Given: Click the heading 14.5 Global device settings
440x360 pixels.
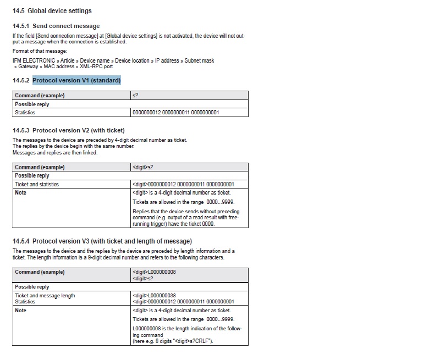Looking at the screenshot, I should (52, 10).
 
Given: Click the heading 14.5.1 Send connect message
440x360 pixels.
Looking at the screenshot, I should (56, 26).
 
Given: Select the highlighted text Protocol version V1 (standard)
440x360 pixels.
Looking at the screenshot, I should (76, 80).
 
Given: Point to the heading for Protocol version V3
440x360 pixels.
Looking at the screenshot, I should (102, 241).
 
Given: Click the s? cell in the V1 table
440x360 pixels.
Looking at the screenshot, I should (135, 96).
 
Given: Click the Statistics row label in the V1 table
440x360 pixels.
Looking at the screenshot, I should (25, 113).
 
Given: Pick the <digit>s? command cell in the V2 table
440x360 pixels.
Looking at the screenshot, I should (143, 167).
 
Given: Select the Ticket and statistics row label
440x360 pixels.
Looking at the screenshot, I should (37, 184).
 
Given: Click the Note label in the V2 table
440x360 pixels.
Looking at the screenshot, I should (21, 193).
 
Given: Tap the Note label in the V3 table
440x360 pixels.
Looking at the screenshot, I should (21, 311).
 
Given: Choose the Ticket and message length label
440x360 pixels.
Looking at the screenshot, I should (45, 296).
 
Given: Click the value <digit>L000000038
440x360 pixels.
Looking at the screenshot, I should (154, 296).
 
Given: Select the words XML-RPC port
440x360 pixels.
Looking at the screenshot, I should (97, 67).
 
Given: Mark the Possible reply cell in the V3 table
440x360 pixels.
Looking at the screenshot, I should (32, 287).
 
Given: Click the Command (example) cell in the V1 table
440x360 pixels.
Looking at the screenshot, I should (40, 96).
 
